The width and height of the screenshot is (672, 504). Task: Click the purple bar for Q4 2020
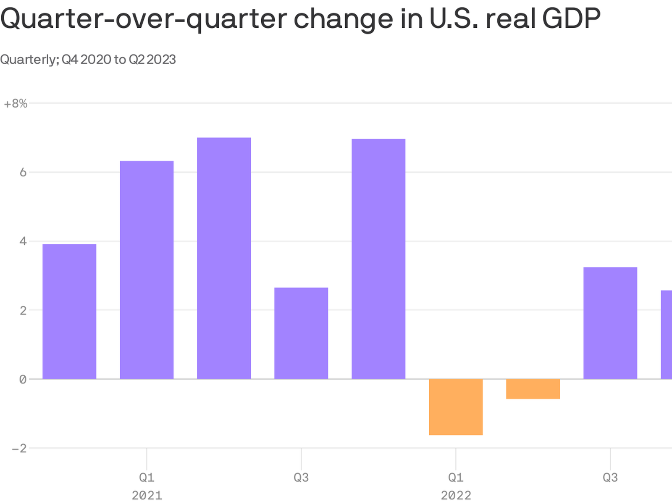click(x=69, y=312)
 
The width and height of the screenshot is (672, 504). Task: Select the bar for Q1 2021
click(x=147, y=270)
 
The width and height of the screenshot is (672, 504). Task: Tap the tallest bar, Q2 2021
click(x=224, y=258)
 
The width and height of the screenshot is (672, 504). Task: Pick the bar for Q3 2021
click(x=301, y=333)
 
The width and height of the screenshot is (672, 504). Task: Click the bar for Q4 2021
click(x=378, y=259)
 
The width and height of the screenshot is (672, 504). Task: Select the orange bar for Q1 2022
click(x=456, y=407)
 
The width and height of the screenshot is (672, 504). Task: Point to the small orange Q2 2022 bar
click(x=533, y=389)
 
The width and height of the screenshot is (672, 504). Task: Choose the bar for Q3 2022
click(x=610, y=323)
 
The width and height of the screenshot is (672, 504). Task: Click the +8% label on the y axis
click(x=16, y=104)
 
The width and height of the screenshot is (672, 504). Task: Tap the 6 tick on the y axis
click(x=23, y=173)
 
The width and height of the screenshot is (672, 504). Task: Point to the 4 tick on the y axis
click(x=23, y=241)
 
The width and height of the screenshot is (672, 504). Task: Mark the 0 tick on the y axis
click(x=23, y=380)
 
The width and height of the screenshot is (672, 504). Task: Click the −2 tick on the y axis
click(x=19, y=449)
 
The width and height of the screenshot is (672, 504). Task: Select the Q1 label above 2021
click(x=147, y=478)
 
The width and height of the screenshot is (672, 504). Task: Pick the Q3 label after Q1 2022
click(x=610, y=478)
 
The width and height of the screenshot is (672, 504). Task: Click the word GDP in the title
click(x=571, y=19)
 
